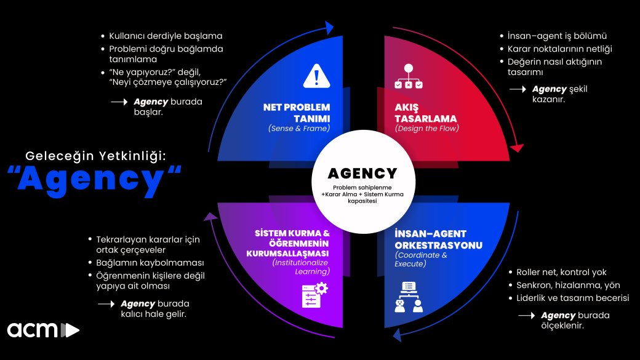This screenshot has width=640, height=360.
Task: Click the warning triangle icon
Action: (x=316, y=76)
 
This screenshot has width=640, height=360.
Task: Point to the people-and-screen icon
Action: (x=408, y=297)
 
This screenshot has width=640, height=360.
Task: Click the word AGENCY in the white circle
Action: (x=362, y=174)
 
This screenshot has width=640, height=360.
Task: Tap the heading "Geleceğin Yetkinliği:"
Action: (x=95, y=155)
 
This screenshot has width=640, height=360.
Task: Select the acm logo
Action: (x=43, y=329)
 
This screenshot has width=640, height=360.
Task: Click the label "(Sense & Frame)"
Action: (x=299, y=129)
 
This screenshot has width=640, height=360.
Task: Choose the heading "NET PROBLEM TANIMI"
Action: (x=297, y=113)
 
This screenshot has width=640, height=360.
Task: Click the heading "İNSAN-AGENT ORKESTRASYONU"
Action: (x=438, y=239)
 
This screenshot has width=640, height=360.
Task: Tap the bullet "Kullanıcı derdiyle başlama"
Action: (x=166, y=36)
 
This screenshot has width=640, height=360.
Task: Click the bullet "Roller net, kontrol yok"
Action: (x=561, y=272)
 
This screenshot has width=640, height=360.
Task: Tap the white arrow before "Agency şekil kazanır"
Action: (x=518, y=89)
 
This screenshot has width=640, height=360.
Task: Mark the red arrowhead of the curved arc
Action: (x=518, y=148)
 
